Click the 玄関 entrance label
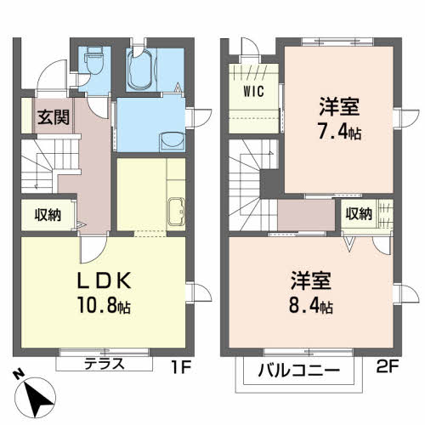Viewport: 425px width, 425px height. [54, 117]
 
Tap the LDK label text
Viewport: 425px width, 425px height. [105, 280]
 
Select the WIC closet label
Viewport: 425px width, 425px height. [254, 91]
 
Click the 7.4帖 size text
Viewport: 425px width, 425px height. [340, 132]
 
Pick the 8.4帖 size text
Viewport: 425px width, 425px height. [311, 305]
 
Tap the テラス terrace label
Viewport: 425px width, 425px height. [105, 364]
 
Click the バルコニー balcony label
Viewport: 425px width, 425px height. [298, 371]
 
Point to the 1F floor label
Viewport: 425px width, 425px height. [181, 367]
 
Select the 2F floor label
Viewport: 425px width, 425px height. [388, 367]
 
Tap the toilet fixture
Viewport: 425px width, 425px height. [93, 60]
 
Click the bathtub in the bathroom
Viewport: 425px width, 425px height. [140, 69]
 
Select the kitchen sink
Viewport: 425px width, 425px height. [176, 212]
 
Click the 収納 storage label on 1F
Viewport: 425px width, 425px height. [48, 215]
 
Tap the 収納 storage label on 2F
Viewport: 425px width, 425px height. [359, 213]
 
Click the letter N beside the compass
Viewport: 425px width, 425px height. [20, 375]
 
